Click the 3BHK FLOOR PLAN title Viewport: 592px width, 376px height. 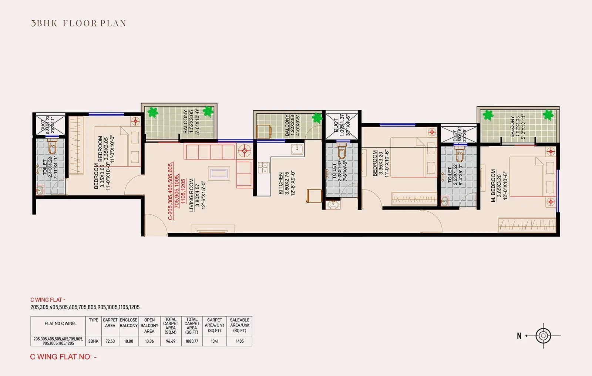click(78, 23)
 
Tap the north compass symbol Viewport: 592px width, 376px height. click(543, 336)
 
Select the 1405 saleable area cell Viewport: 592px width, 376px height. click(239, 341)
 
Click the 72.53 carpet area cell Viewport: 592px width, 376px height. click(110, 341)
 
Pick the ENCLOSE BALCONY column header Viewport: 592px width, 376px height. click(128, 323)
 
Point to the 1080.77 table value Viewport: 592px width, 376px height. click(192, 341)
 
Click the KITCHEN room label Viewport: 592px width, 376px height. click(280, 183)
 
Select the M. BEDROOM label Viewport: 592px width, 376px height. click(493, 186)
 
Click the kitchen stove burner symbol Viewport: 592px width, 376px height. click(264, 167)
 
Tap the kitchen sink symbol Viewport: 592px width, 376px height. click(297, 150)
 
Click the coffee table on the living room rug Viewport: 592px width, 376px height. click(218, 173)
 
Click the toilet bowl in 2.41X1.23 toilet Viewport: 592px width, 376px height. click(52, 147)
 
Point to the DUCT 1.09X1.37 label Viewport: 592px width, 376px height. click(339, 125)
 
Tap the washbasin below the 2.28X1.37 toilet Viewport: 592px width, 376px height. click(333, 205)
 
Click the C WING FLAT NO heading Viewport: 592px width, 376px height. click(63, 357)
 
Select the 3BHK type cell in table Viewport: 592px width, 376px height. click(93, 341)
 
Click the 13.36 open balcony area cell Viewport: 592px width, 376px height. click(149, 341)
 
